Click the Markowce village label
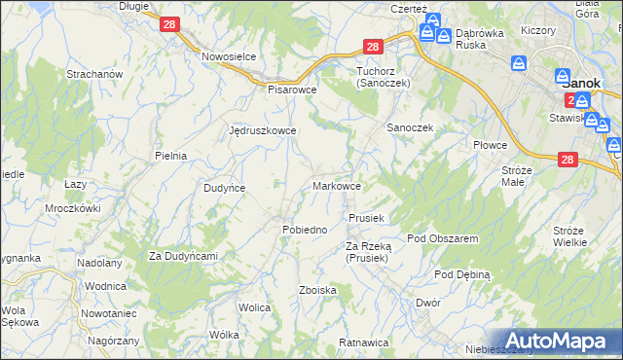point(338,185)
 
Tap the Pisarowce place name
point(293,88)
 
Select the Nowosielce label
point(229,56)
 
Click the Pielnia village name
point(170,155)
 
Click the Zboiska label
point(318,290)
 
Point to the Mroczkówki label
point(73,208)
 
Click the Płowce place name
point(491,145)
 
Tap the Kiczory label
point(537,30)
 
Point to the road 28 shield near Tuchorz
point(372,47)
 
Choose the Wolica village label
point(253,307)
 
